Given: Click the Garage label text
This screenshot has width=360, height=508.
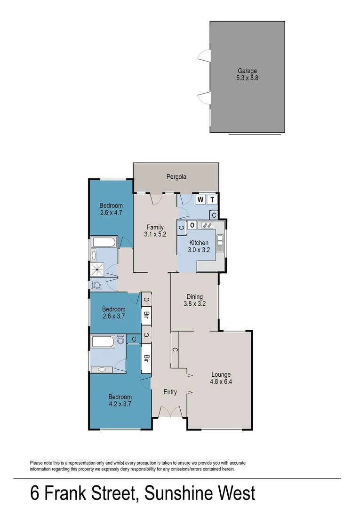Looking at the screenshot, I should [247, 71].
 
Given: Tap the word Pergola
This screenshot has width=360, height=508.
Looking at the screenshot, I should [176, 177].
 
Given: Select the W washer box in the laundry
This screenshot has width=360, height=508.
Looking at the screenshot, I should [200, 200].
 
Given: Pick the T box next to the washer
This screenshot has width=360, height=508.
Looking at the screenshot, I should [213, 200].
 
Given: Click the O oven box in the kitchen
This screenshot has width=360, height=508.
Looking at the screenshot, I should [192, 225].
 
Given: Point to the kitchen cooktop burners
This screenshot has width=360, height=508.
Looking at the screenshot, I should [206, 225].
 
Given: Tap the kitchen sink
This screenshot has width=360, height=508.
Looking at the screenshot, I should [220, 243].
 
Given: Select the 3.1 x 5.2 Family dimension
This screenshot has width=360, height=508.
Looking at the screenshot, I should [155, 234].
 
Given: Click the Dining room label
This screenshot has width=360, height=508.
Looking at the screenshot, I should [194, 297].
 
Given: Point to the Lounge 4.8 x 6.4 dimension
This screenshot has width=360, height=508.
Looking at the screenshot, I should [221, 382].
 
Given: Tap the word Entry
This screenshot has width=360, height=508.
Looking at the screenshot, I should [170, 392].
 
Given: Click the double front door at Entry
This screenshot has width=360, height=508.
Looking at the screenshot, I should [169, 413].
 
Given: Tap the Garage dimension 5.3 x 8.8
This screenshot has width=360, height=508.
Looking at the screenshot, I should [247, 78].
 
